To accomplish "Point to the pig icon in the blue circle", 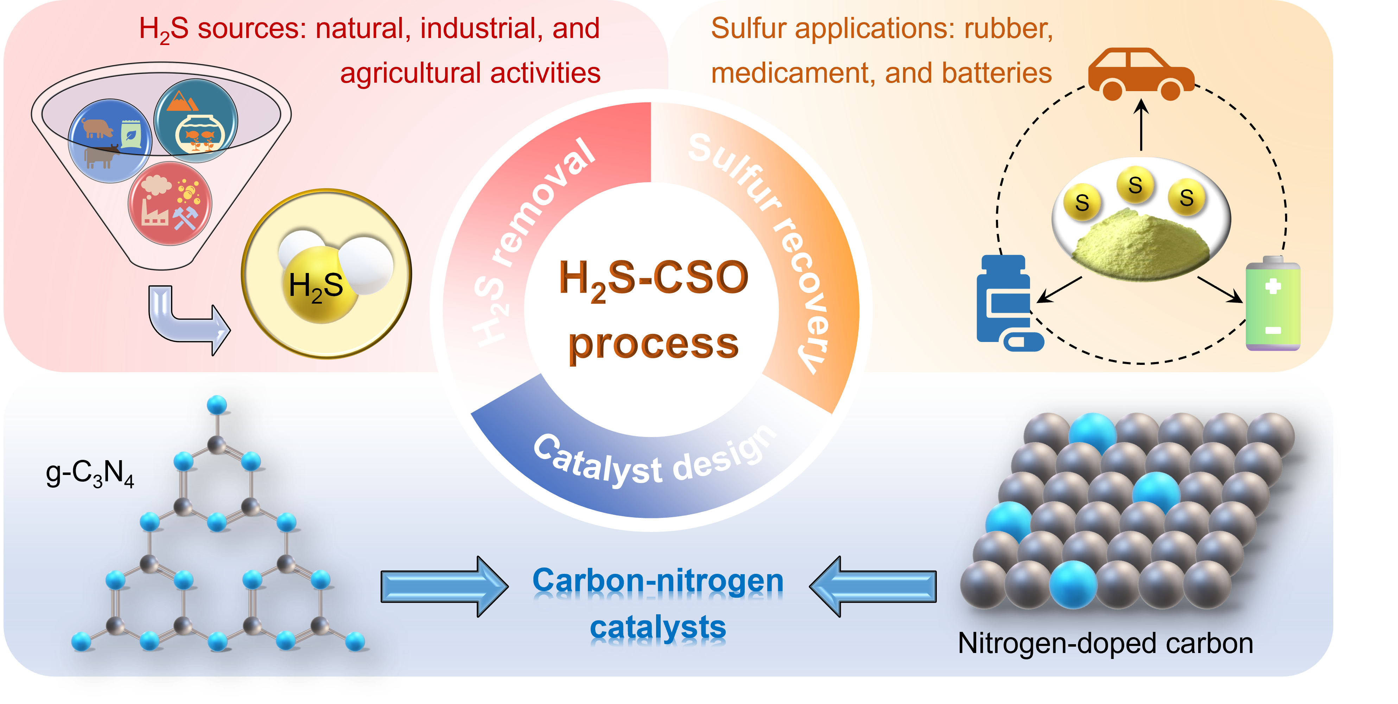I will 98,128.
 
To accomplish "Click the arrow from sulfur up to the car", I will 1142,125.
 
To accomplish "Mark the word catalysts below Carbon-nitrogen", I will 658,628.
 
